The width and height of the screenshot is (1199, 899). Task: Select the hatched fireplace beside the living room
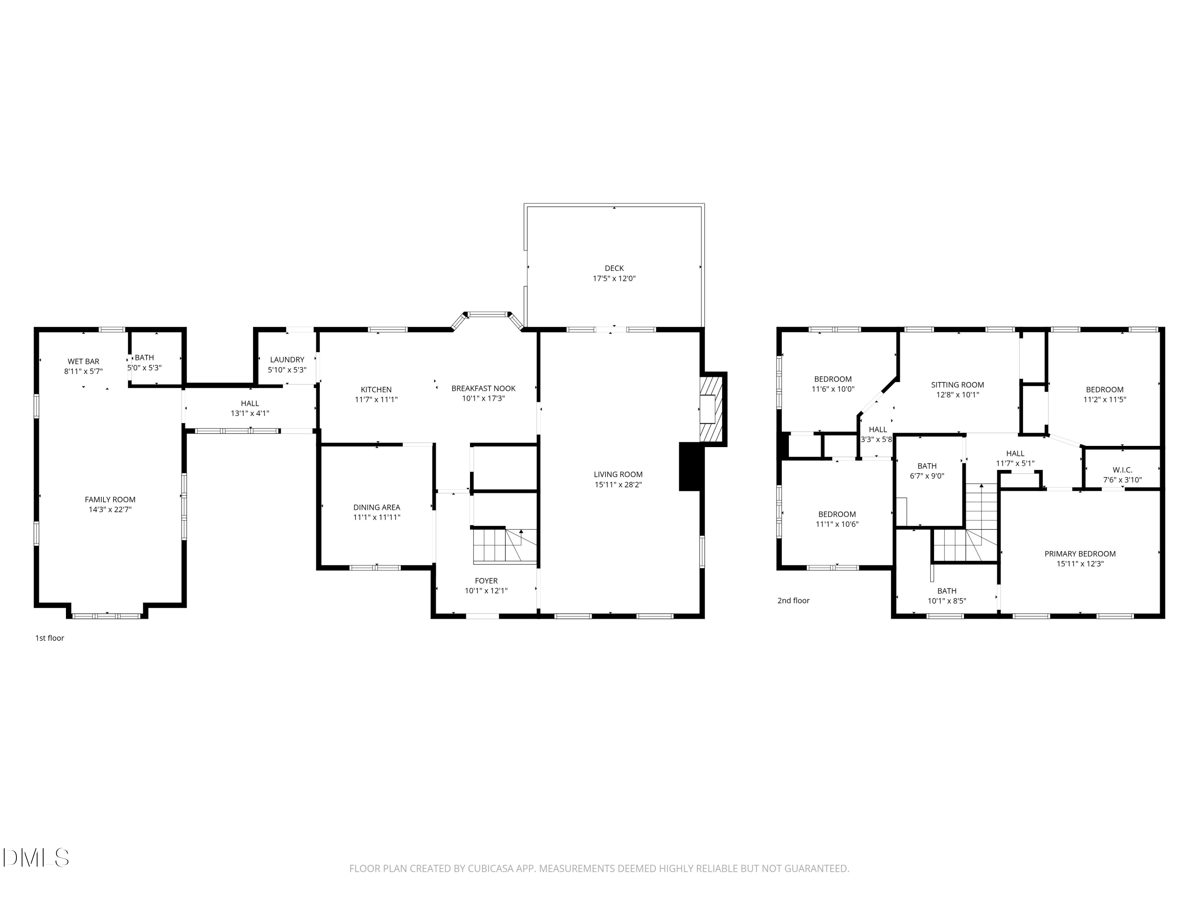pyautogui.click(x=712, y=409)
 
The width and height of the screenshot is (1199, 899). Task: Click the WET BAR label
pyautogui.click(x=84, y=362)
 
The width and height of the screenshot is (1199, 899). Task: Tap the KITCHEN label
pyautogui.click(x=376, y=390)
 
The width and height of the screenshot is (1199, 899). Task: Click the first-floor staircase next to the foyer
pyautogui.click(x=504, y=546)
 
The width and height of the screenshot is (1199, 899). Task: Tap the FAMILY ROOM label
pyautogui.click(x=110, y=499)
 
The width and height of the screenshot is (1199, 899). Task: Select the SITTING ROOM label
pyautogui.click(x=957, y=385)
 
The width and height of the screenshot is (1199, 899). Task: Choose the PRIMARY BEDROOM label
pyautogui.click(x=1080, y=554)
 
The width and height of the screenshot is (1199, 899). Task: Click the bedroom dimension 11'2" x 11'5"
pyautogui.click(x=1104, y=400)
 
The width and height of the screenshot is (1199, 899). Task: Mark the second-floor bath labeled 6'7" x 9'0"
pyautogui.click(x=927, y=471)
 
